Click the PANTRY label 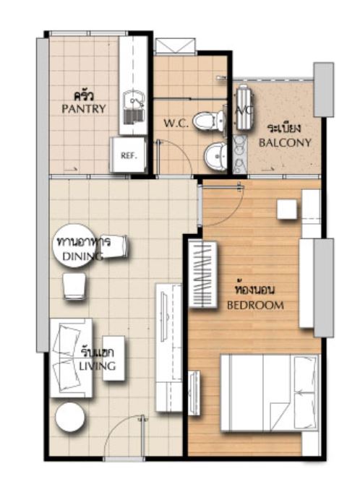click(83, 108)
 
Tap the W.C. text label click(176, 124)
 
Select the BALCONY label click(285, 142)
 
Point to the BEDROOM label click(255, 306)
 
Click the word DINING click(82, 256)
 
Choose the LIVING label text click(98, 366)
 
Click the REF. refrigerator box click(128, 155)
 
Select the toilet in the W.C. click(209, 121)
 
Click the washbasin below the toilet click(215, 156)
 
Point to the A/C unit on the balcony click(245, 107)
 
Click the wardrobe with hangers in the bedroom click(202, 274)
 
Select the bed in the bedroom click(270, 393)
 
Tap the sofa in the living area click(71, 358)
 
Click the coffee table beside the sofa click(113, 358)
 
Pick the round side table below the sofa click(70, 417)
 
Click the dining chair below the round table click(74, 286)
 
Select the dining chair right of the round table click(114, 246)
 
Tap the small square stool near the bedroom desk click(287, 209)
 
